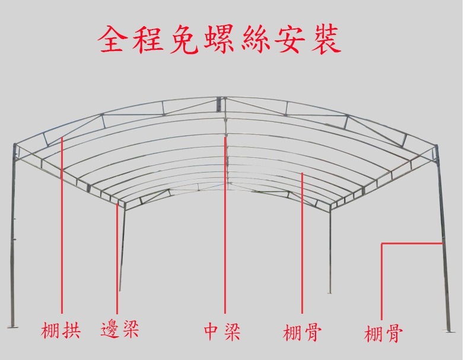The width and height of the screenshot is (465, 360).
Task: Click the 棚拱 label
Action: click(x=61, y=330)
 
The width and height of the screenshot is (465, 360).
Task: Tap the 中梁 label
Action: click(x=222, y=331)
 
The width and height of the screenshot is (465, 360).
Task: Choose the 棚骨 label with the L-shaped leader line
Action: click(x=383, y=333)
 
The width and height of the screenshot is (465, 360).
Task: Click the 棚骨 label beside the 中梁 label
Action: click(x=302, y=332)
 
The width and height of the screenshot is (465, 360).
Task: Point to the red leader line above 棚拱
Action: click(x=62, y=225)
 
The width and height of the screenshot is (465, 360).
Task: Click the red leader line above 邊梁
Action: click(x=117, y=255)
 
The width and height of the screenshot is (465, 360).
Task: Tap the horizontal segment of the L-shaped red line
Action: click(x=412, y=243)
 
